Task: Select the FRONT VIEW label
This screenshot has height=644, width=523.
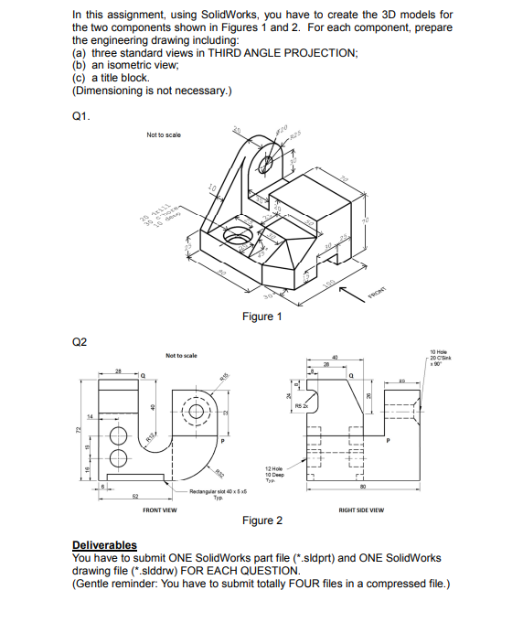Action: point(159,510)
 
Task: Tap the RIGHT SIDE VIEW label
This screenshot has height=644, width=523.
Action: point(361,510)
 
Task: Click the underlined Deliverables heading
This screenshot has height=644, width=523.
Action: point(104,545)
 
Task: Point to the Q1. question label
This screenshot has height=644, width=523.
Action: point(80,116)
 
